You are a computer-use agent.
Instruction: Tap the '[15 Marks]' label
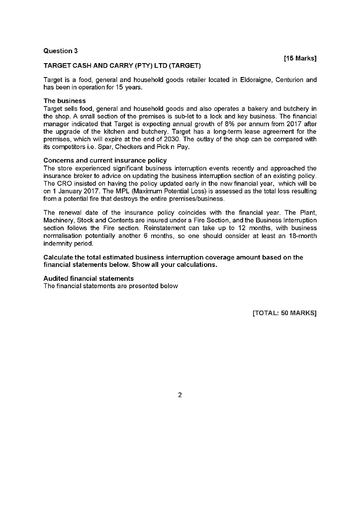(x=300, y=59)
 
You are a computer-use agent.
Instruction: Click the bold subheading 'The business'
(x=65, y=101)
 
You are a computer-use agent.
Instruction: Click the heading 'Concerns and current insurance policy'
(x=105, y=161)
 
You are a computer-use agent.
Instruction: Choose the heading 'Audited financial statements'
(x=89, y=278)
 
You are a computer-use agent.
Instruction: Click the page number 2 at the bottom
(x=180, y=395)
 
